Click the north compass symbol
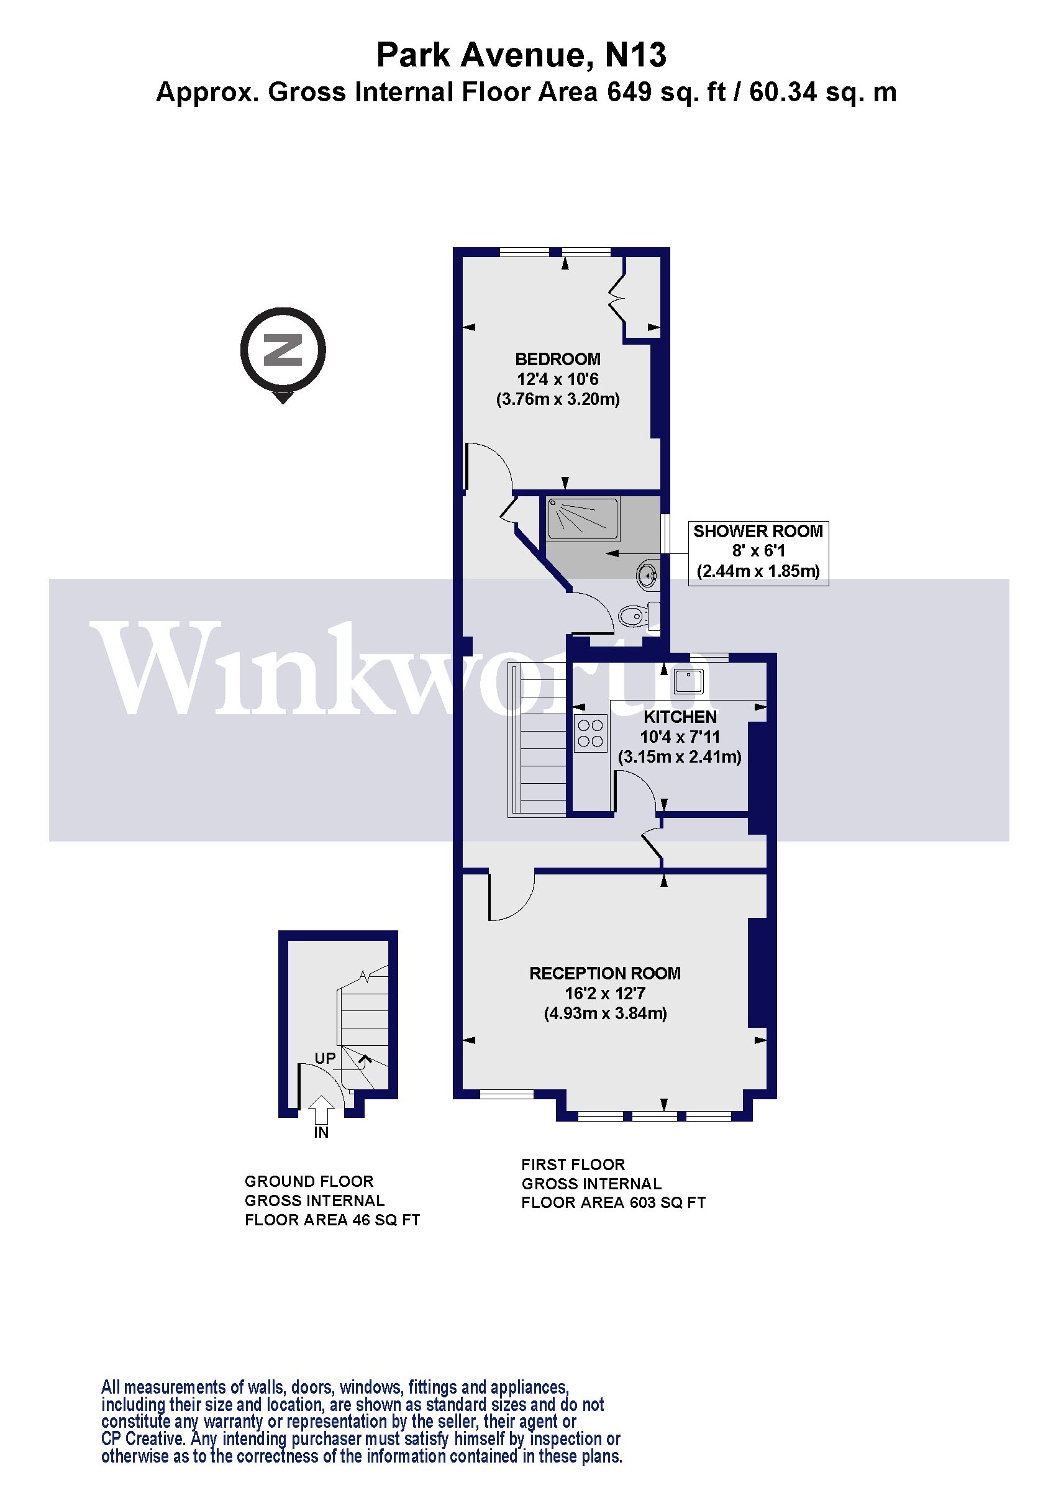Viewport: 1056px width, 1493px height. pyautogui.click(x=283, y=351)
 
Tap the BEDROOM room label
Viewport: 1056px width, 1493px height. pyautogui.click(x=557, y=359)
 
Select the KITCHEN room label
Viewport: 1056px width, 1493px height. pyautogui.click(x=680, y=717)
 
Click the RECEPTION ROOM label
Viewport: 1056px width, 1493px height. pyautogui.click(x=605, y=973)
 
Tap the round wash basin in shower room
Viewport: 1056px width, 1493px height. pyautogui.click(x=647, y=575)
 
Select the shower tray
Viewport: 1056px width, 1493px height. pyautogui.click(x=583, y=518)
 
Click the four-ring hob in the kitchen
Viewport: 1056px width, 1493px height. pyautogui.click(x=590, y=733)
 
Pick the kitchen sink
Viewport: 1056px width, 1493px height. pyautogui.click(x=688, y=681)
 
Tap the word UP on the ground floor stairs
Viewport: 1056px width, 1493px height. pyautogui.click(x=325, y=1058)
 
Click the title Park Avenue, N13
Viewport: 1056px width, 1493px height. pyautogui.click(x=522, y=55)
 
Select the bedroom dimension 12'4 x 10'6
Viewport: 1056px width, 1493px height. pyautogui.click(x=557, y=379)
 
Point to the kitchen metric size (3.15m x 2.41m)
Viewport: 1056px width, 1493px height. pyautogui.click(x=680, y=756)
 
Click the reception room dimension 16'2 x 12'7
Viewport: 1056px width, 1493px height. pyautogui.click(x=605, y=994)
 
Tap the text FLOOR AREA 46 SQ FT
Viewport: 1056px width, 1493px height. pyautogui.click(x=332, y=1220)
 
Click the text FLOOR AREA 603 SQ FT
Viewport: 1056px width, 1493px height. pyautogui.click(x=613, y=1203)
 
